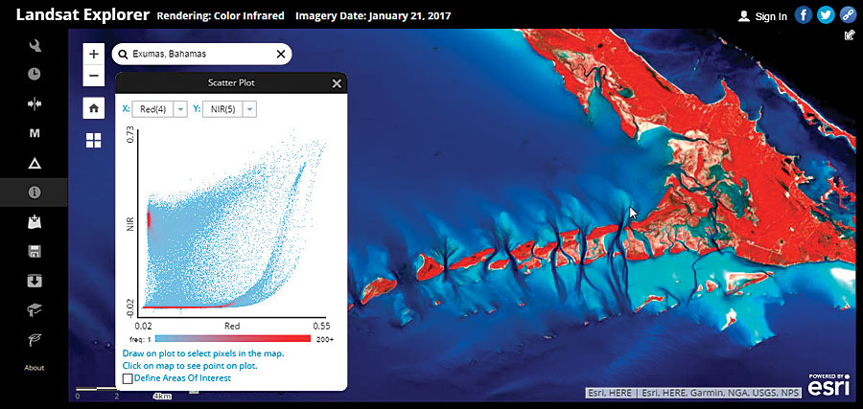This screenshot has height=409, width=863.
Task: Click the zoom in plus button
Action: (93, 55)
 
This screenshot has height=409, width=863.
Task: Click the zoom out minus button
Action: (93, 75)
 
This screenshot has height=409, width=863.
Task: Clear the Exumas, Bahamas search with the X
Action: (280, 55)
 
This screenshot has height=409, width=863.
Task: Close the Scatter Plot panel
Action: (337, 83)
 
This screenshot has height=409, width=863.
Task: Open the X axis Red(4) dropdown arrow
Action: (180, 110)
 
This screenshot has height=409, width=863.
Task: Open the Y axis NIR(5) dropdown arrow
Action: (249, 110)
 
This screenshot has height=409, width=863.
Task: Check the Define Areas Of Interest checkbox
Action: (128, 378)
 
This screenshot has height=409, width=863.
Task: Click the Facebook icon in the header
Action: (804, 15)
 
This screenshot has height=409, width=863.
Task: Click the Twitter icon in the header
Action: (826, 15)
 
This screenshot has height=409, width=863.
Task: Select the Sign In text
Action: (770, 16)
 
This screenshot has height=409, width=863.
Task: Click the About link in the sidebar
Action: (34, 368)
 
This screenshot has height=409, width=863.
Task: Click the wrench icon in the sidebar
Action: (35, 45)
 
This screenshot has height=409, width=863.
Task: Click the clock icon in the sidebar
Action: (35, 73)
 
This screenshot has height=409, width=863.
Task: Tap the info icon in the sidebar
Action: (35, 192)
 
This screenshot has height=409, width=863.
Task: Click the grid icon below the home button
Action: (93, 141)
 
